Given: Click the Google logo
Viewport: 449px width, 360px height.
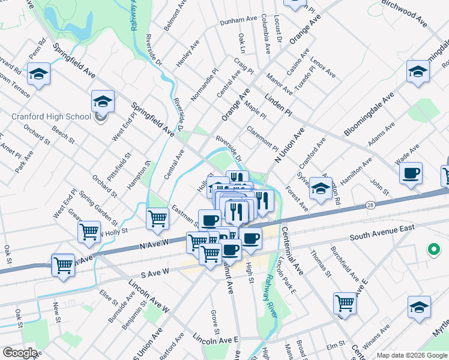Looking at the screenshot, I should point(20,352).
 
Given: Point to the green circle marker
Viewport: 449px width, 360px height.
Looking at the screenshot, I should point(432,249).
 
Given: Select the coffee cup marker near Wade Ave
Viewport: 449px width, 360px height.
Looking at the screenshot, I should point(411,174).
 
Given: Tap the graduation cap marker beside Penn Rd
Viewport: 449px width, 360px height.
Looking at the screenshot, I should point(38,74).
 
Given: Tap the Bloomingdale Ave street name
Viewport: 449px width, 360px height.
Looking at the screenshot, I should point(369,114).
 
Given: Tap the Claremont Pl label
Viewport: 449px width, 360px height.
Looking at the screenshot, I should point(262,139).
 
